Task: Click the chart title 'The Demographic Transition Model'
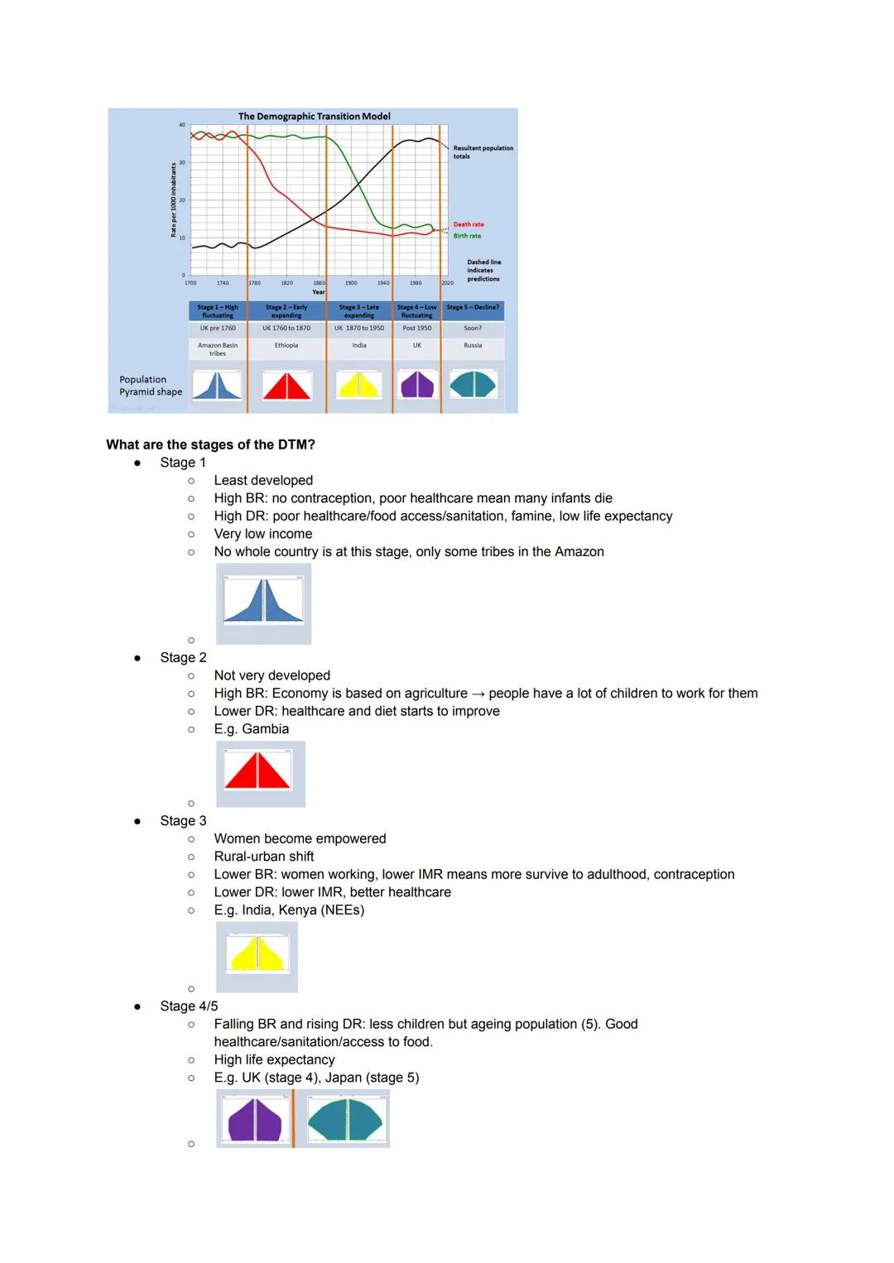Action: coord(314,117)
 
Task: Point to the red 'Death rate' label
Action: coord(469,224)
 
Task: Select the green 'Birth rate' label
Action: coord(467,236)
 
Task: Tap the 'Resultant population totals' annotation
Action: coord(483,152)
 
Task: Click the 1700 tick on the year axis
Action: coord(190,283)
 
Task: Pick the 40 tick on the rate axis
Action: coord(182,125)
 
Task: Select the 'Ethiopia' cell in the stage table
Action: coord(286,345)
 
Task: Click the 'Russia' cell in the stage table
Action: coord(473,345)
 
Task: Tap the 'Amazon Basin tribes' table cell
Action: coord(218,349)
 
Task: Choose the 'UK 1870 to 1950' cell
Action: coord(359,328)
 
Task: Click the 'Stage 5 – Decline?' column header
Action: coord(473,307)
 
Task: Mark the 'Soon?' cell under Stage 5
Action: coord(473,328)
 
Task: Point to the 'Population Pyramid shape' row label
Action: coord(151,386)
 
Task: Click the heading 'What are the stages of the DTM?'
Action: coord(210,444)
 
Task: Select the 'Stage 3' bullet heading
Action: coord(183,820)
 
